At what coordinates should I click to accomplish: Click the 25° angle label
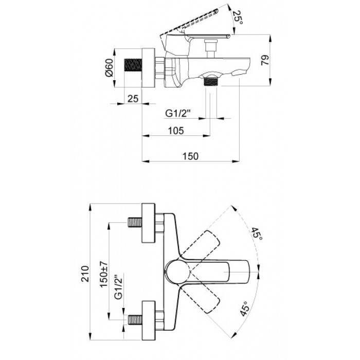238,17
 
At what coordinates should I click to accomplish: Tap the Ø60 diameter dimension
109,67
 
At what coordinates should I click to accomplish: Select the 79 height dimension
265,60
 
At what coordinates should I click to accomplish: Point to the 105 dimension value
176,131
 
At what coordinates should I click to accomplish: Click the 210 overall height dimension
85,274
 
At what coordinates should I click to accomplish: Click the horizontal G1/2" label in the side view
178,113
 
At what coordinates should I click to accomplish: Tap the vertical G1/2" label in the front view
118,287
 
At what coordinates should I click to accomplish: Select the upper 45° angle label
257,233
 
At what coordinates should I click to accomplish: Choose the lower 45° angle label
244,309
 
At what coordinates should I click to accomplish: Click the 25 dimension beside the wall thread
133,99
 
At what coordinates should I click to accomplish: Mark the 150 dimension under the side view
190,156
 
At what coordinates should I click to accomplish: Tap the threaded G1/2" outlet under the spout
210,82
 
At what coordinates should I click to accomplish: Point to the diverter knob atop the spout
211,48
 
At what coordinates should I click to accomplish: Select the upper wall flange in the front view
148,223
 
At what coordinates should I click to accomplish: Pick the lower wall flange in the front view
149,320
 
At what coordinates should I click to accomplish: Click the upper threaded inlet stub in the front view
135,223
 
